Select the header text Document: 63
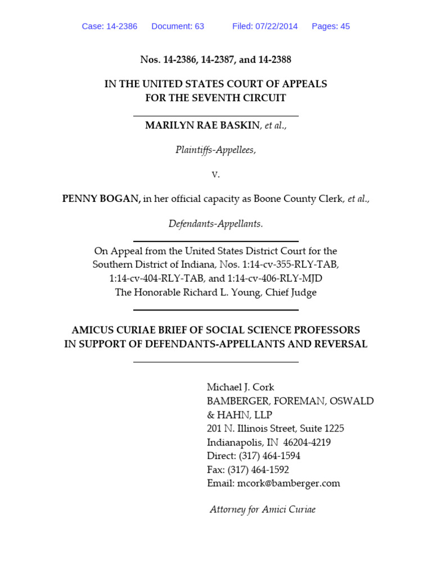[x=178, y=26]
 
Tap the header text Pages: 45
[x=331, y=26]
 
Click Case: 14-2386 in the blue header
[x=110, y=26]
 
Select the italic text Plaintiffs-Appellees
[x=215, y=150]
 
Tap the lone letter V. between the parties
[x=215, y=174]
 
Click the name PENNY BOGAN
[x=101, y=199]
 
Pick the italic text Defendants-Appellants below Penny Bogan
[x=215, y=224]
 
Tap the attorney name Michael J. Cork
[x=240, y=387]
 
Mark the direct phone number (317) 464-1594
[x=269, y=456]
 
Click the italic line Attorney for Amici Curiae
[x=263, y=510]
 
